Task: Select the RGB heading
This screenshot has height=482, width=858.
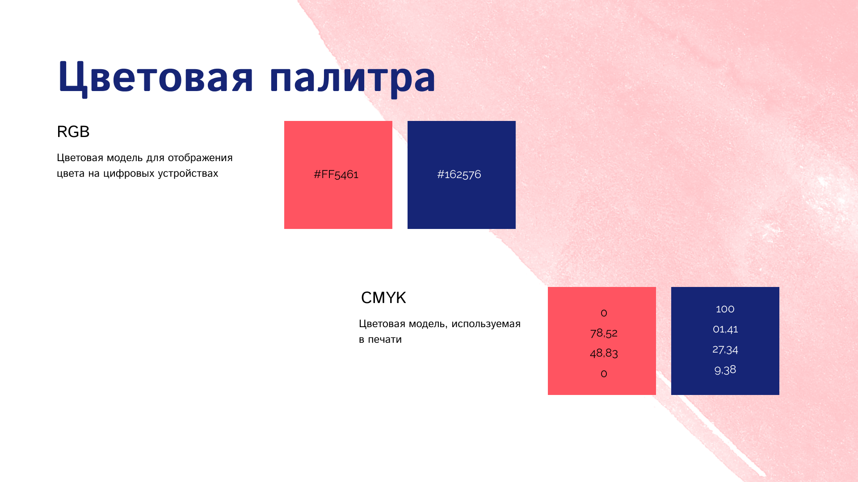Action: pyautogui.click(x=73, y=132)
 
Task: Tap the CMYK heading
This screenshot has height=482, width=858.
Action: pyautogui.click(x=383, y=298)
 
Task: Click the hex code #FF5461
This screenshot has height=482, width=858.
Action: pyautogui.click(x=336, y=174)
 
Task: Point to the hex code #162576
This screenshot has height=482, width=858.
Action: pyautogui.click(x=459, y=174)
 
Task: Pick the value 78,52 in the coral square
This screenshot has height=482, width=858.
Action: pyautogui.click(x=604, y=333)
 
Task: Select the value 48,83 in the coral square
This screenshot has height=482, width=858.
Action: pyautogui.click(x=604, y=353)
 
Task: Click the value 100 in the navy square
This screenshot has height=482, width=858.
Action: pyautogui.click(x=725, y=309)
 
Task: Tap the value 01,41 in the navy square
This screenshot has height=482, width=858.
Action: pyautogui.click(x=725, y=329)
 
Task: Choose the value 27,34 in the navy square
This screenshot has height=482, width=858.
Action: pyautogui.click(x=725, y=349)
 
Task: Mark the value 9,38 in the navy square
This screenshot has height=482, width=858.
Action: pyautogui.click(x=725, y=370)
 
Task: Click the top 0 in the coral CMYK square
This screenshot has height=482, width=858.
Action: pyautogui.click(x=604, y=313)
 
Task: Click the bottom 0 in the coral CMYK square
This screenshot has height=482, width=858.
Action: pyautogui.click(x=604, y=374)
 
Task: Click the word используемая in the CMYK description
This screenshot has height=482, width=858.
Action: pyautogui.click(x=486, y=324)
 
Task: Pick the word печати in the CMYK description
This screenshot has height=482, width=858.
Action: pyautogui.click(x=385, y=339)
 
